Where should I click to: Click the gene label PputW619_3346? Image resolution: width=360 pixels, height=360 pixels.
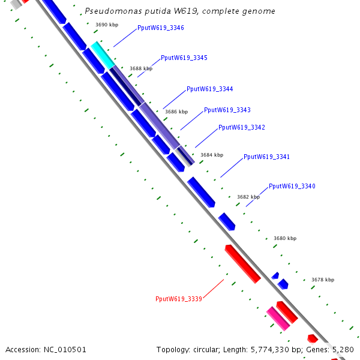click(x=160, y=28)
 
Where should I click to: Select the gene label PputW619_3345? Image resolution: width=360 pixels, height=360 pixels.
click(x=184, y=58)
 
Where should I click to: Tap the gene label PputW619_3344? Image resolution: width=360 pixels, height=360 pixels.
click(x=209, y=89)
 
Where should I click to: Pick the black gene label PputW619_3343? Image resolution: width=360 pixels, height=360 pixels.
click(x=227, y=110)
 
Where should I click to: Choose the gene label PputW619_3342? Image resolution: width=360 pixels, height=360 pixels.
click(x=241, y=128)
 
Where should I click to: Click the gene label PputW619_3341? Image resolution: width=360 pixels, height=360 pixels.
click(x=266, y=157)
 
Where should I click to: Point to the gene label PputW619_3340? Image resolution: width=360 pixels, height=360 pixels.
click(x=292, y=187)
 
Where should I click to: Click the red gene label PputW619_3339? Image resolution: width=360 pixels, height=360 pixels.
click(x=178, y=299)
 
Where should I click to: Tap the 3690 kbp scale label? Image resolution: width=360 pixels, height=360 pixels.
click(x=107, y=25)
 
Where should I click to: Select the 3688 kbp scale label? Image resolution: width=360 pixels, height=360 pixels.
click(x=141, y=69)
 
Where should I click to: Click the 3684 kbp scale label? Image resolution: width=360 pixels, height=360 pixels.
click(x=211, y=155)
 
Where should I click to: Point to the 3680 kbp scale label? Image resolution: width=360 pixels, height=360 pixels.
click(x=285, y=239)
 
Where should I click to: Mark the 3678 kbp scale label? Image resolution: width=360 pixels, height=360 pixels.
click(x=323, y=280)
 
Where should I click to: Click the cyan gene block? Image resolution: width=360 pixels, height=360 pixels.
click(x=103, y=55)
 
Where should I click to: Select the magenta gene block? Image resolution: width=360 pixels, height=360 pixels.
click(x=278, y=317)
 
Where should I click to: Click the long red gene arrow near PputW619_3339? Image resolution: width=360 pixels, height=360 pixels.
click(x=242, y=263)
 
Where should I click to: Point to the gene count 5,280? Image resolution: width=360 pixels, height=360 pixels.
click(x=343, y=350)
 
